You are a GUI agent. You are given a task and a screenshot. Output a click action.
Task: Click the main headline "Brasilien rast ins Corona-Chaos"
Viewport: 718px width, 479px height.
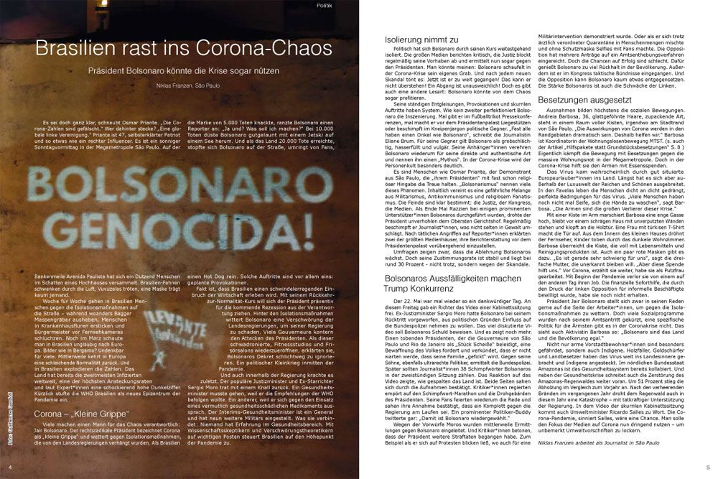pyautogui.click(x=185, y=48)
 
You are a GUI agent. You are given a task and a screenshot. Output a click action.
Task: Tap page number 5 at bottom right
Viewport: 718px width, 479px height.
pyautogui.click(x=707, y=467)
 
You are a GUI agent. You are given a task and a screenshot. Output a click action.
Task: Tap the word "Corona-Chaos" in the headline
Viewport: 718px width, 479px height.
pyautogui.click(x=275, y=48)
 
